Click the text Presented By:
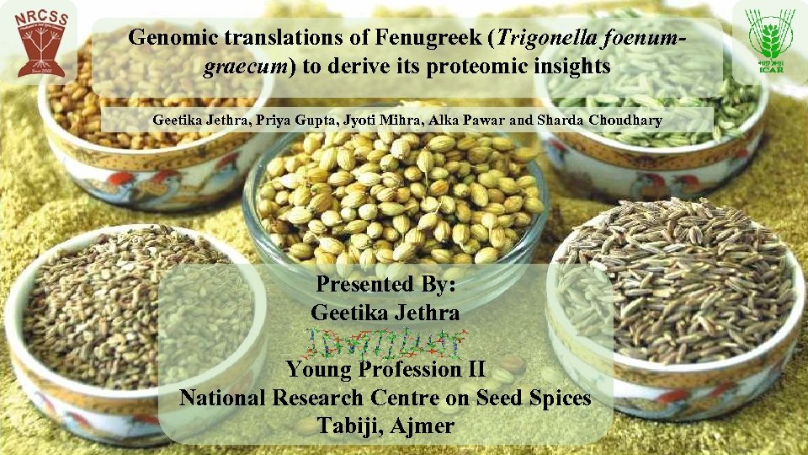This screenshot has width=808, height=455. pos(385,284)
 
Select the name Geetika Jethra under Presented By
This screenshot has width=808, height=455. pos(385,313)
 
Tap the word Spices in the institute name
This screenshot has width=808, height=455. pos(555,397)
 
